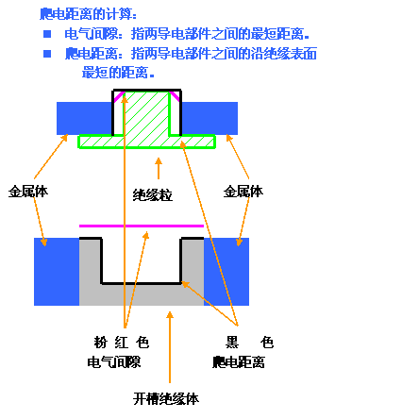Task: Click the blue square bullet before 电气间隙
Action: pos(47,34)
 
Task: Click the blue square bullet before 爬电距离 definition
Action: pos(47,54)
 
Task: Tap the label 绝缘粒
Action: pos(153,195)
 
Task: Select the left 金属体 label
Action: pos(28,192)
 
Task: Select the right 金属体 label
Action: pos(243,192)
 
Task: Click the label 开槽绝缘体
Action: pos(166,399)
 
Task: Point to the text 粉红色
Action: pos(122,343)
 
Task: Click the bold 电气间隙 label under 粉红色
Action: pos(114,362)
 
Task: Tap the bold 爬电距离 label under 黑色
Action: pos(239,362)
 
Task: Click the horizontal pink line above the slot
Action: pos(142,226)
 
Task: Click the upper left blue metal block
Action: pos(85,118)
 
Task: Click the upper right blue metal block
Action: pos(209,118)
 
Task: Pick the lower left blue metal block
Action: pos(57,272)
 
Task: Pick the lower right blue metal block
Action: pos(226,272)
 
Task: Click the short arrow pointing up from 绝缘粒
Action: pos(159,168)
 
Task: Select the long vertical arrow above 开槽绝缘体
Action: pos(170,347)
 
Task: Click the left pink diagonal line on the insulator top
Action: pos(119,96)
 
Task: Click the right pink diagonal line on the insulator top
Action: pos(175,96)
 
